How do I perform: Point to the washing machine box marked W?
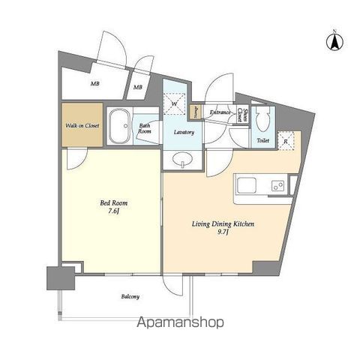point(175,103)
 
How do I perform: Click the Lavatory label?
point(184,132)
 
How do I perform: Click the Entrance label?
point(220,112)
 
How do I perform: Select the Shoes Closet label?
point(241,114)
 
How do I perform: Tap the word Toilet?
point(262,139)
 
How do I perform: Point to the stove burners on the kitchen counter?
point(277,184)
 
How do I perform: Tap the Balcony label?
point(130,296)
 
